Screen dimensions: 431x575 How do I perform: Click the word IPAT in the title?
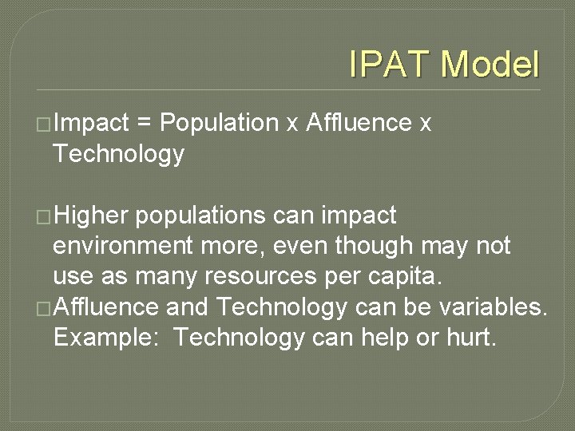(x=390, y=65)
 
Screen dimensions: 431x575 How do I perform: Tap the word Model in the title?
(x=490, y=65)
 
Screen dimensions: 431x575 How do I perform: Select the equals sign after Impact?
(x=144, y=123)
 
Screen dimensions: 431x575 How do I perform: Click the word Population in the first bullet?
(x=219, y=123)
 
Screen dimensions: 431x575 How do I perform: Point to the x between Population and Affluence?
(x=292, y=125)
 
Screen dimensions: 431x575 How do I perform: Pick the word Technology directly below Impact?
(x=118, y=154)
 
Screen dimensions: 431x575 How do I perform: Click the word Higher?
(x=89, y=215)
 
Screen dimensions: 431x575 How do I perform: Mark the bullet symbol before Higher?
(x=45, y=216)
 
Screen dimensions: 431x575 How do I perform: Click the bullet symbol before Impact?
(x=45, y=124)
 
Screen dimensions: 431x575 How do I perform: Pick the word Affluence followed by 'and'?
(x=105, y=306)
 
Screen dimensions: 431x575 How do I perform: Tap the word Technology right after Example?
(x=239, y=338)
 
